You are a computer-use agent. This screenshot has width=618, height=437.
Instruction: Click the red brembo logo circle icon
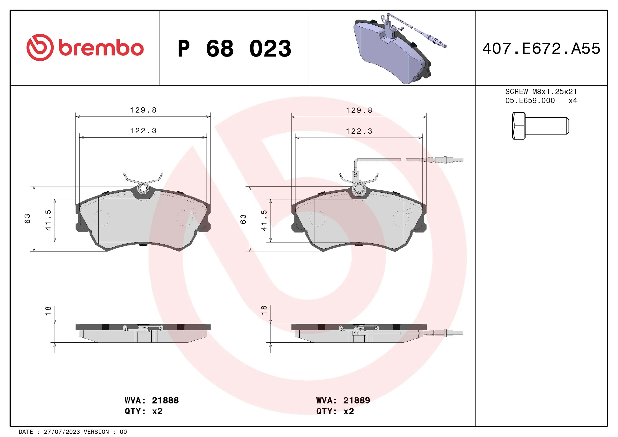point(40,47)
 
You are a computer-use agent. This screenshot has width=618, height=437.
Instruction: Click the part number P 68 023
point(234,49)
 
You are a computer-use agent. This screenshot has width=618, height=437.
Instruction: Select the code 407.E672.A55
point(541,49)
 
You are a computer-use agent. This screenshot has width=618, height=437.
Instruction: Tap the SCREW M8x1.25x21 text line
point(541,92)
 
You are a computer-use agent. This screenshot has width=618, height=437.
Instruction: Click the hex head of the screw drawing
point(518,126)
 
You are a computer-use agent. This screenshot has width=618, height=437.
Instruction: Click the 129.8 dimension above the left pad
point(143,110)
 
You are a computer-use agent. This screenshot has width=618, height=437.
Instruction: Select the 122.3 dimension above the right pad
point(359,131)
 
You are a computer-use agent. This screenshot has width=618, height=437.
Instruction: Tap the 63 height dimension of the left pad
point(27,218)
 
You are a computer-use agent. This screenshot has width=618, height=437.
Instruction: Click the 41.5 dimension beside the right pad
point(264,220)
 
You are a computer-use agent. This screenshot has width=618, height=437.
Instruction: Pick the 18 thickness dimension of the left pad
point(48,311)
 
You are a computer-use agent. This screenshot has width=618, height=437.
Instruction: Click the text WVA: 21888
point(152,400)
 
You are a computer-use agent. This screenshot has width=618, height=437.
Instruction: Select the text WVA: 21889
point(343,400)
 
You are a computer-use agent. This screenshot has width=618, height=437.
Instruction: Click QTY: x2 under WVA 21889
point(335,411)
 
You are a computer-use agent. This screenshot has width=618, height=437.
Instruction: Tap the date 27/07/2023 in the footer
point(62,432)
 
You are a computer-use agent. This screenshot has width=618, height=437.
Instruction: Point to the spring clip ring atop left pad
point(143,188)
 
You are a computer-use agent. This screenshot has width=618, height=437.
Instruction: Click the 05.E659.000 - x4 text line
point(541,101)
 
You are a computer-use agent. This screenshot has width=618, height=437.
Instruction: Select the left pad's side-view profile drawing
point(143,333)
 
